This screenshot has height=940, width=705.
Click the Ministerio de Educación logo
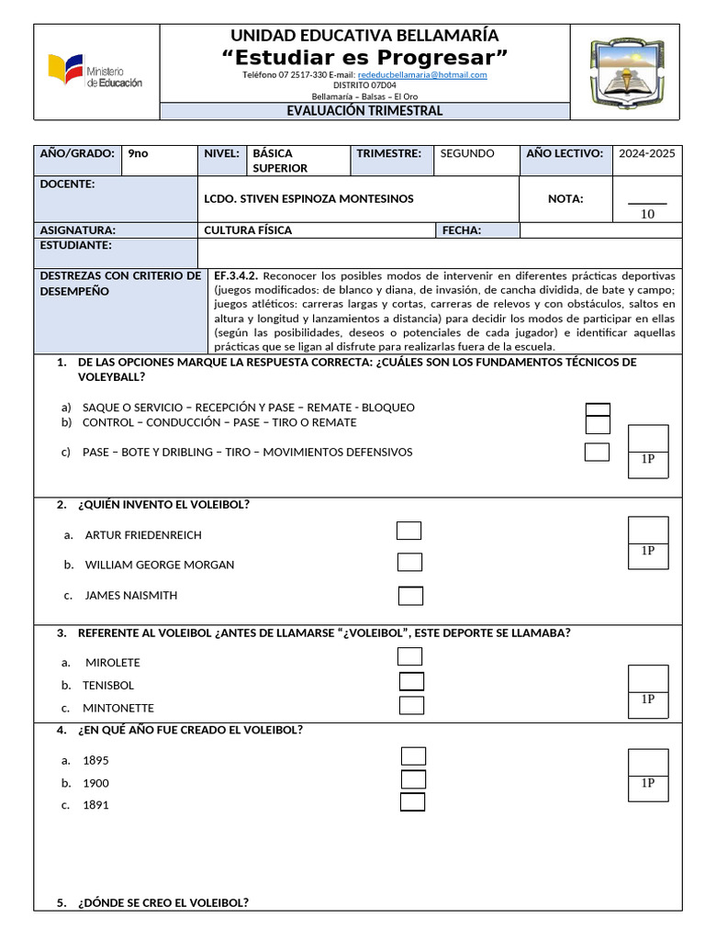95,72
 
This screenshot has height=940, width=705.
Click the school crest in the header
623,72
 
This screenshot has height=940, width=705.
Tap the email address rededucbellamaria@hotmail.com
422,74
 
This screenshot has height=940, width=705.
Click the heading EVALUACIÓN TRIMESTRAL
364,111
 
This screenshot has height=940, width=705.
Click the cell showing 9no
138,153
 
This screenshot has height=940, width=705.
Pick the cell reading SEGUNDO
466,153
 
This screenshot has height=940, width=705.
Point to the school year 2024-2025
646,153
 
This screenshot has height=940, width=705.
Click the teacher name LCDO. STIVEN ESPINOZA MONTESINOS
308,198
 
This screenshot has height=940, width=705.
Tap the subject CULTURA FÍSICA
248,230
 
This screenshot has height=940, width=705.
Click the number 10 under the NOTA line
647,214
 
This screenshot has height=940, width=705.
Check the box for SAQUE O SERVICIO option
598,409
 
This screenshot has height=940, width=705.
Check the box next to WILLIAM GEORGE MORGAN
409,562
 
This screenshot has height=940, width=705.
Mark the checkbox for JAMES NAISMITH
410,596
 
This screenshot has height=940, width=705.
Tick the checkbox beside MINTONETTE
412,705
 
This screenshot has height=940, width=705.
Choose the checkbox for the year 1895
414,755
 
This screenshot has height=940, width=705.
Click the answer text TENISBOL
108,685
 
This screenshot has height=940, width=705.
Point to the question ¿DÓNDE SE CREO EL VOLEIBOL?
162,902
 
